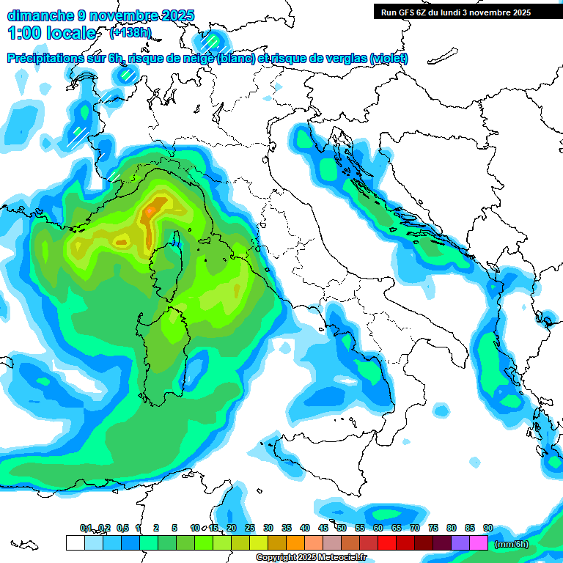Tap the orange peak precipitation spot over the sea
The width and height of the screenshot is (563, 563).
click(150, 211)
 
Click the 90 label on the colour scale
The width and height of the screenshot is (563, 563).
click(487, 528)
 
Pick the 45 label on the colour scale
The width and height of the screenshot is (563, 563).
click(323, 528)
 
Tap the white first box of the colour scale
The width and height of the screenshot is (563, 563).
click(75, 543)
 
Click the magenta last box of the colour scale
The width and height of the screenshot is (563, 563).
click(478, 543)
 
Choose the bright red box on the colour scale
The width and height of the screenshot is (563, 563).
click(386, 543)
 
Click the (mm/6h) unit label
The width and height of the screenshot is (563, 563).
click(512, 544)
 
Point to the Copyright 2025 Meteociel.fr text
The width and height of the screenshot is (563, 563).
click(311, 557)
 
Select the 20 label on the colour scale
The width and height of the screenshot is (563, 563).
click(231, 528)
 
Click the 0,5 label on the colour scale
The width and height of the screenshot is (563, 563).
click(122, 528)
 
